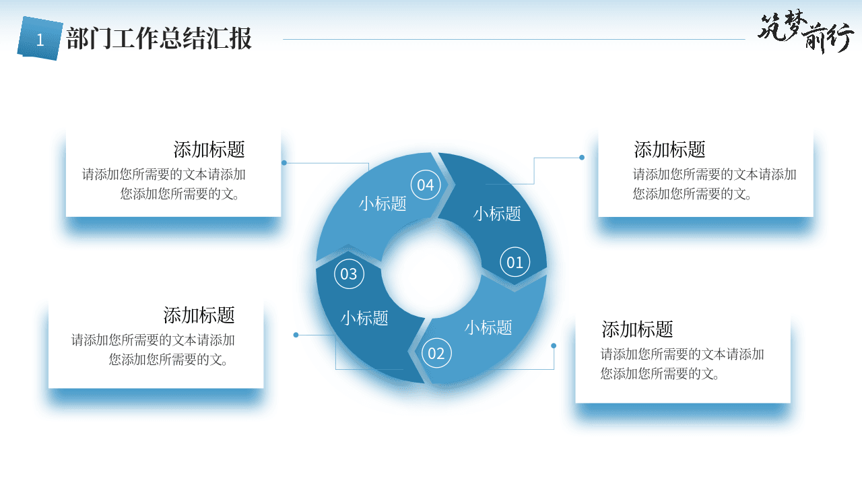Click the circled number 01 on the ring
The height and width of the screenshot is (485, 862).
click(x=515, y=262)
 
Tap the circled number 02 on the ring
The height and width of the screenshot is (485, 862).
click(x=436, y=353)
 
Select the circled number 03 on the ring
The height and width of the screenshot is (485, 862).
click(x=349, y=273)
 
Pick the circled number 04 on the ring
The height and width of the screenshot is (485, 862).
click(x=426, y=185)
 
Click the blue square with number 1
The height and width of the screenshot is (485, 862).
click(x=40, y=38)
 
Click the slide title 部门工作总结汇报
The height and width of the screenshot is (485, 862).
click(x=159, y=38)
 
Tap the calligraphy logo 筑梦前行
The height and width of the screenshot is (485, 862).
click(x=806, y=32)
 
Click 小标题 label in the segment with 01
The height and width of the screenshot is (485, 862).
click(x=497, y=214)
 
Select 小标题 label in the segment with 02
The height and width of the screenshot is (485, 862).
click(x=488, y=327)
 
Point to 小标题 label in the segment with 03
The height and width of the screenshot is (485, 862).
click(x=364, y=319)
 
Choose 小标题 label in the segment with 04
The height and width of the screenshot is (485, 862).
click(x=383, y=203)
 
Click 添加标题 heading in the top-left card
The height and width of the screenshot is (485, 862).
click(x=209, y=150)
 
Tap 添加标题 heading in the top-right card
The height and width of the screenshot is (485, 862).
click(x=669, y=150)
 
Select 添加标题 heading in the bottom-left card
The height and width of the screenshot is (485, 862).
click(x=199, y=315)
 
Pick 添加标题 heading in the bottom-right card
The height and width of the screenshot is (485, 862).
click(x=637, y=329)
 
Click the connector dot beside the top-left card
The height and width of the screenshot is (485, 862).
click(x=284, y=163)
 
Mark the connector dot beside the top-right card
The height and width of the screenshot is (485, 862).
click(x=582, y=158)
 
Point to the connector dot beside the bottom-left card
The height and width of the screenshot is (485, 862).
click(x=296, y=335)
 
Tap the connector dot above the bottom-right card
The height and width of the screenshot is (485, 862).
click(x=554, y=346)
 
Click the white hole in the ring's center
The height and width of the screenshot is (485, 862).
click(x=432, y=269)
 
